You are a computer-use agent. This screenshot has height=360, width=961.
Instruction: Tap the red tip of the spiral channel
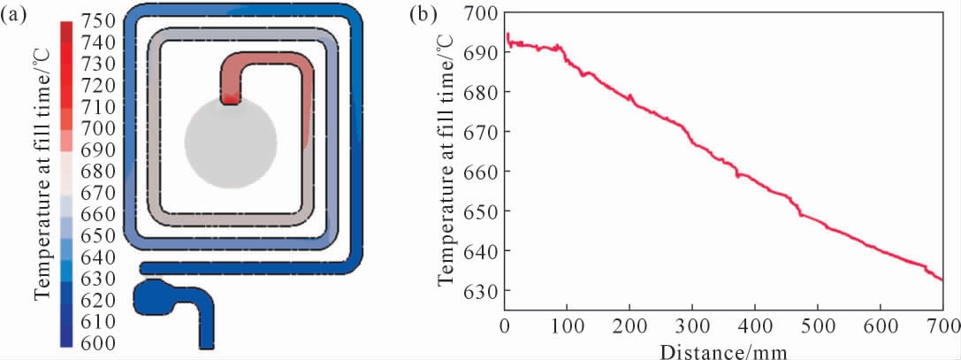(230, 98)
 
